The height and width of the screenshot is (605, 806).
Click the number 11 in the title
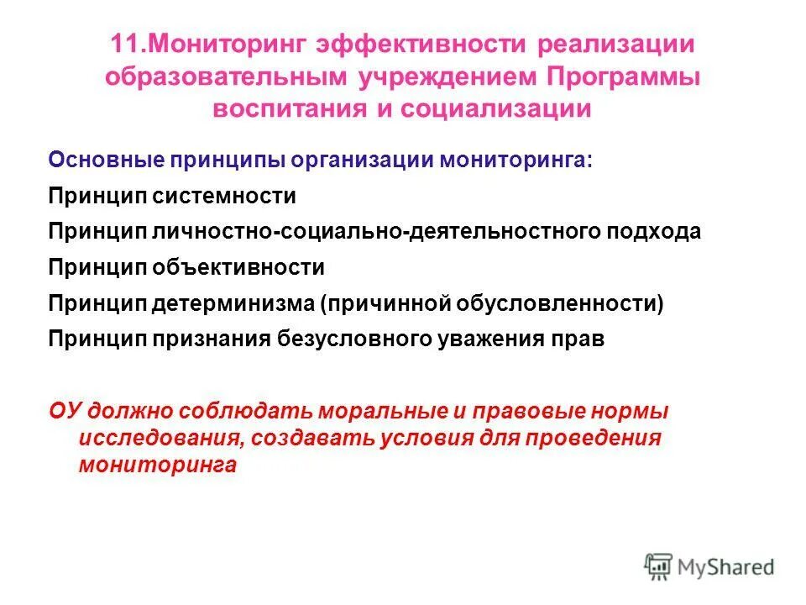tap(123, 44)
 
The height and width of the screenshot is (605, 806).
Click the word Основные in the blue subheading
tap(98, 160)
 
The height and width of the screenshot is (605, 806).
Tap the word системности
tap(223, 196)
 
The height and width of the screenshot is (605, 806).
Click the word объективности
tap(237, 267)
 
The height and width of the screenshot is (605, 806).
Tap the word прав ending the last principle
tap(580, 339)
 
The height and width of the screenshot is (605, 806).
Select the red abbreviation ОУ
tap(64, 412)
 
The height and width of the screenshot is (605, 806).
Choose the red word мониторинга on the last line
tap(157, 466)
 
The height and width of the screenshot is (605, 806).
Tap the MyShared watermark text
tap(727, 568)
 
